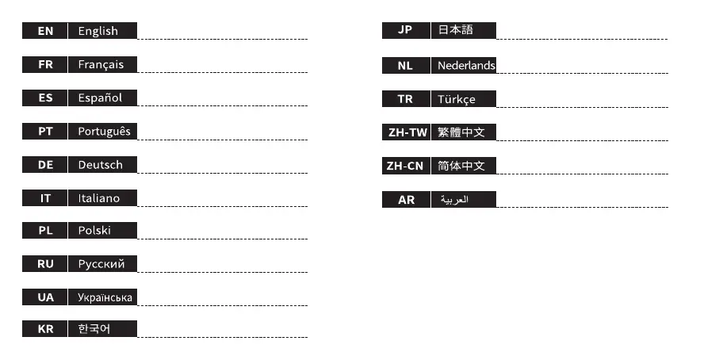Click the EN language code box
pyautogui.click(x=45, y=31)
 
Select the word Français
pyautogui.click(x=101, y=64)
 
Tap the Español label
pyautogui.click(x=100, y=98)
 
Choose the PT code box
pyautogui.click(x=45, y=131)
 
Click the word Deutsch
pyautogui.click(x=100, y=164)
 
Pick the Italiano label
pyautogui.click(x=99, y=197)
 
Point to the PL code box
pyautogui.click(x=45, y=231)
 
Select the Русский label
pyautogui.click(x=101, y=264)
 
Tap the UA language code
pyautogui.click(x=45, y=297)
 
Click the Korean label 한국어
pyautogui.click(x=94, y=328)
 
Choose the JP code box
pyautogui.click(x=405, y=30)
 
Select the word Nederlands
pyautogui.click(x=466, y=66)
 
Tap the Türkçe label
pyautogui.click(x=457, y=99)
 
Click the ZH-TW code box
pyautogui.click(x=405, y=132)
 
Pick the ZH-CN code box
pyautogui.click(x=405, y=166)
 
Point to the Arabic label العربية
pyautogui.click(x=455, y=200)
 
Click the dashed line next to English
pyautogui.click(x=222, y=39)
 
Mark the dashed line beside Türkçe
pyautogui.click(x=582, y=107)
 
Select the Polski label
pyautogui.click(x=94, y=231)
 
